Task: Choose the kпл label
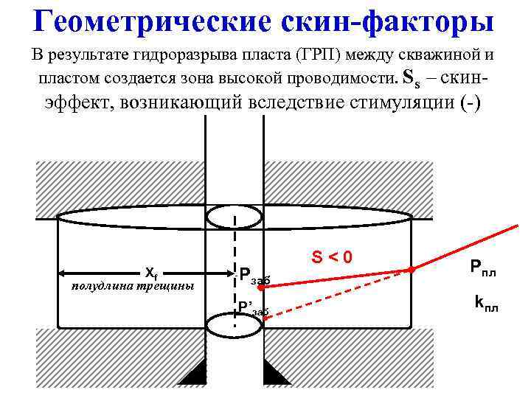(x=486, y=302)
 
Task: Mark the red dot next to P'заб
(x=265, y=319)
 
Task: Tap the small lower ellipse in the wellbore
(x=234, y=324)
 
